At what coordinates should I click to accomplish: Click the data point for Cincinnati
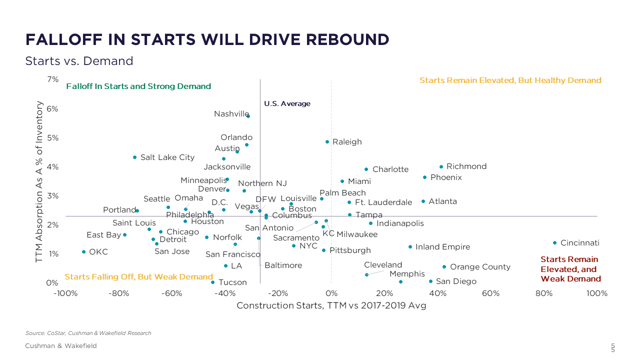[554, 243]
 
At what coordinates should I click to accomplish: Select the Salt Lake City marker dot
[134, 157]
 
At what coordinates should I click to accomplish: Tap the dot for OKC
[83, 251]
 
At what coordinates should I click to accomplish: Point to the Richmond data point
[441, 166]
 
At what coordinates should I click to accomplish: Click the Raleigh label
[347, 142]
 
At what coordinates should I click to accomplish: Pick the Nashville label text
[231, 114]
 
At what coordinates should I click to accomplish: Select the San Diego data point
[430, 281]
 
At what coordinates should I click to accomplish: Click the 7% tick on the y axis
[52, 79]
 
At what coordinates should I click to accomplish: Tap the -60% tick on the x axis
[171, 293]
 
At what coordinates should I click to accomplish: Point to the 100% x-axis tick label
[597, 293]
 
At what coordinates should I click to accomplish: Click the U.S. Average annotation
[287, 104]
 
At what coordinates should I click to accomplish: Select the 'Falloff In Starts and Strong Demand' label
[138, 86]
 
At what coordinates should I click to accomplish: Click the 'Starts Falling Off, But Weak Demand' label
[138, 277]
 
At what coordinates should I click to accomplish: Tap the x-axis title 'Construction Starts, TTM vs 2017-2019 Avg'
[331, 305]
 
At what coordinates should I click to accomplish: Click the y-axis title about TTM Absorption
[39, 181]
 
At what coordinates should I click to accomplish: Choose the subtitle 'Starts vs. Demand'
[79, 61]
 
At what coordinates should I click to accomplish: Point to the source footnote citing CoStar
[88, 333]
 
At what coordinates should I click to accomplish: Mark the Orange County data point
[444, 266]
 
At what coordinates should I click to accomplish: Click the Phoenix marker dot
[424, 177]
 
